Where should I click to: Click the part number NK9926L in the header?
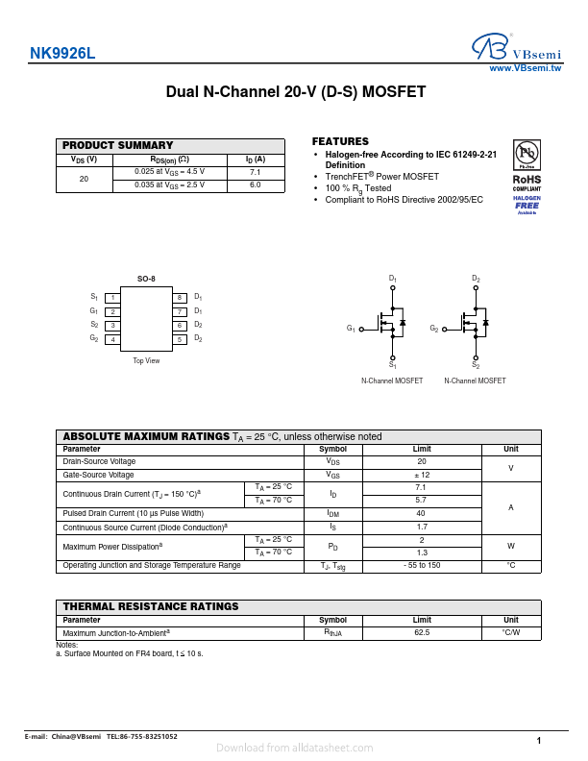(x=62, y=55)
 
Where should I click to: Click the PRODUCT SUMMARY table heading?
(x=118, y=145)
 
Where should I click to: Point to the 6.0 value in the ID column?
(x=255, y=184)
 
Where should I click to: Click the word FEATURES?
(x=340, y=141)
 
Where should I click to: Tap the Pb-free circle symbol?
(x=527, y=153)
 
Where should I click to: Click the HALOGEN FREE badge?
(x=527, y=203)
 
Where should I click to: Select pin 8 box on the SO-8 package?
(x=179, y=298)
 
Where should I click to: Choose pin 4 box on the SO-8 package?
(x=113, y=339)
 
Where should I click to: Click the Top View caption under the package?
(x=146, y=360)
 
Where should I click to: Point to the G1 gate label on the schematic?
(x=351, y=330)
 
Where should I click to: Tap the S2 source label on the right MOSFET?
(x=476, y=365)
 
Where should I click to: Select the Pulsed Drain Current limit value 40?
(x=421, y=514)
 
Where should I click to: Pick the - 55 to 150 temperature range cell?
(x=422, y=565)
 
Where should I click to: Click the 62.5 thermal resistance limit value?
(x=422, y=633)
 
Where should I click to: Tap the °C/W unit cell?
(x=511, y=633)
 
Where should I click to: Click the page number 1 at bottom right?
(x=539, y=740)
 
